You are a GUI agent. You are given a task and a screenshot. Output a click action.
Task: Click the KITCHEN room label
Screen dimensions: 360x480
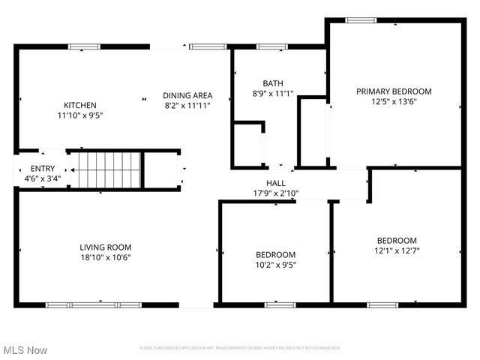[79, 105]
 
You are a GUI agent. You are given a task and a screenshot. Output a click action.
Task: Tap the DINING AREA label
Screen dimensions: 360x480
[187, 95]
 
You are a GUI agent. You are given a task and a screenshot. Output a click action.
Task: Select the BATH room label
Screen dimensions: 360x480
[271, 83]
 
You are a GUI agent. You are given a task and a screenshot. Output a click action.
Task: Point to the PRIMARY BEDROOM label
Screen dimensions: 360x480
[394, 91]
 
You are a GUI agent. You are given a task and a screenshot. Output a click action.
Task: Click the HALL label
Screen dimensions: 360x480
[275, 183]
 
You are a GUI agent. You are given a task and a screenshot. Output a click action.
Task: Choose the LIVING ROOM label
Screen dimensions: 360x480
[106, 247]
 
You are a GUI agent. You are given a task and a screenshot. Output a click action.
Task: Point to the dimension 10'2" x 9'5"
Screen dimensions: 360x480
[275, 264]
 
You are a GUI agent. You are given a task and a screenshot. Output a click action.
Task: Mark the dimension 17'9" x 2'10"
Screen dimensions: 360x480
[275, 193]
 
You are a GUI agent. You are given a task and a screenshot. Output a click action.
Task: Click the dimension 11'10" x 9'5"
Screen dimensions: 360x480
[79, 115]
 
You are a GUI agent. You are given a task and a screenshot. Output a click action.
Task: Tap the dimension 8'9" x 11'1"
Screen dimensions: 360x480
[271, 94]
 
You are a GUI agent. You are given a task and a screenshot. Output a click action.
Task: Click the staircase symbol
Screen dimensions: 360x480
[106, 171]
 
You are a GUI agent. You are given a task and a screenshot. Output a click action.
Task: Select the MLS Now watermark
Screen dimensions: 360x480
[25, 350]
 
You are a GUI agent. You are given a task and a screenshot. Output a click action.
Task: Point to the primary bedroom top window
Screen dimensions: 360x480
[361, 20]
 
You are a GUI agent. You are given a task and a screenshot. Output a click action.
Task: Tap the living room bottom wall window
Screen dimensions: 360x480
[94, 305]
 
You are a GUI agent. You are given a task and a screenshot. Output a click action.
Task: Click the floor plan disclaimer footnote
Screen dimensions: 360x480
[240, 348]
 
